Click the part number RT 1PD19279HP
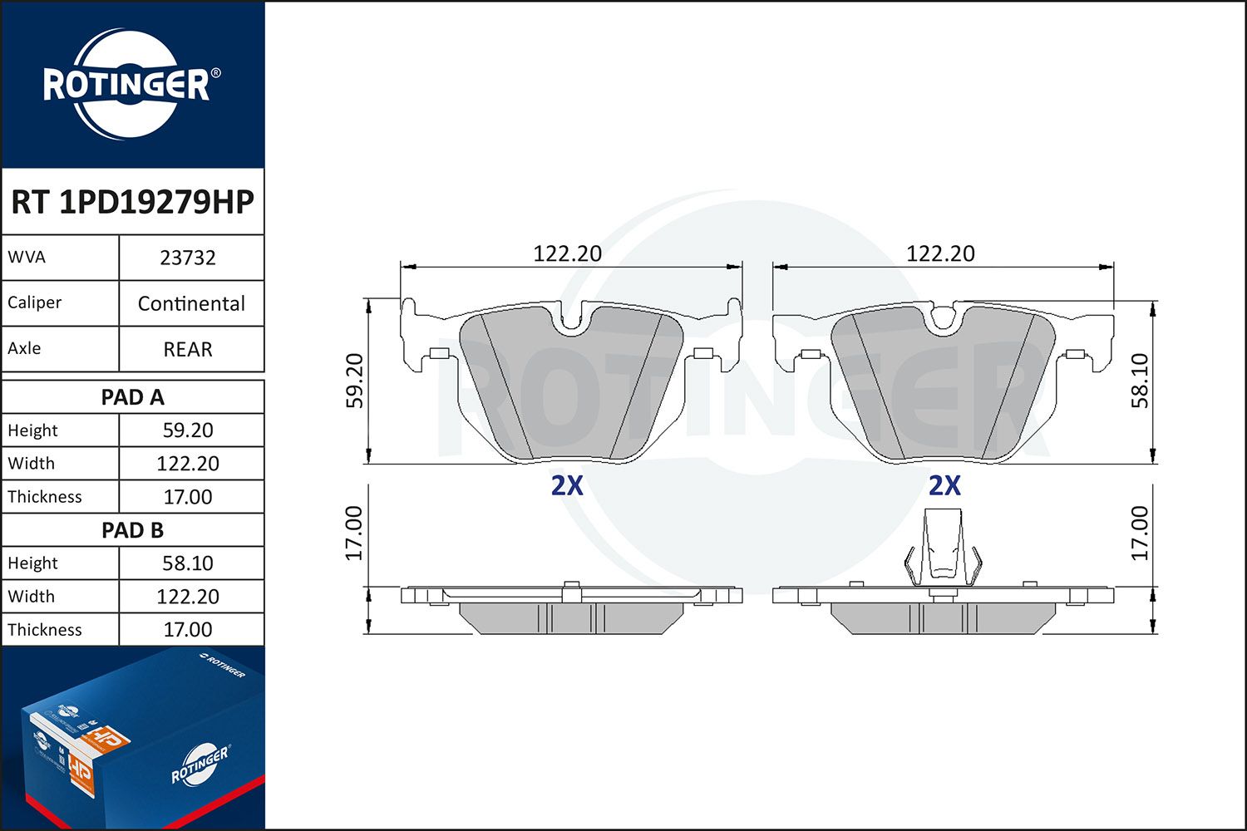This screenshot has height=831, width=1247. (132, 202)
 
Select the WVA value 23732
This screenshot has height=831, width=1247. (188, 258)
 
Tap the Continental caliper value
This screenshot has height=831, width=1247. (191, 303)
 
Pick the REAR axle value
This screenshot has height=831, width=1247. (188, 349)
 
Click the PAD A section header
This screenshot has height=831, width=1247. (132, 397)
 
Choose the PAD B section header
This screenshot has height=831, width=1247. (132, 530)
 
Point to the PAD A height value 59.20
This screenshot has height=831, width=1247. (188, 430)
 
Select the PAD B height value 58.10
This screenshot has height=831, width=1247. (188, 563)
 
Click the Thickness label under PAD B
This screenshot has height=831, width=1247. (45, 630)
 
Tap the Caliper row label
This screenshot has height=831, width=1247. (35, 302)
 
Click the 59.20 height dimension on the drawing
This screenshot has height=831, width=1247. (355, 381)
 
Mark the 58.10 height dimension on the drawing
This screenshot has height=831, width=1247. (1140, 381)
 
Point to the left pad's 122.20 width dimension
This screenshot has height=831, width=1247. (567, 253)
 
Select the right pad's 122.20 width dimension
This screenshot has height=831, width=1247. (940, 253)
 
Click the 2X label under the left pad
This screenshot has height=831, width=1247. (567, 485)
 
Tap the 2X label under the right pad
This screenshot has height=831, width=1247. (944, 485)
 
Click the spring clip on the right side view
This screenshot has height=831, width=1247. (943, 548)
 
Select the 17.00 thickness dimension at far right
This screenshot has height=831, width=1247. (1140, 533)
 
